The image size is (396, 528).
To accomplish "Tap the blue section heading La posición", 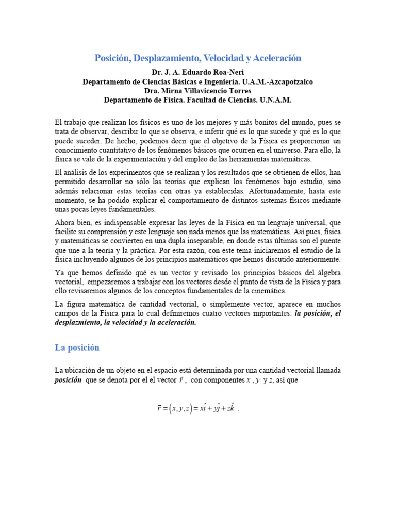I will (x=77, y=348).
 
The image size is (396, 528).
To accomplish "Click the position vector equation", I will (x=197, y=409).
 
